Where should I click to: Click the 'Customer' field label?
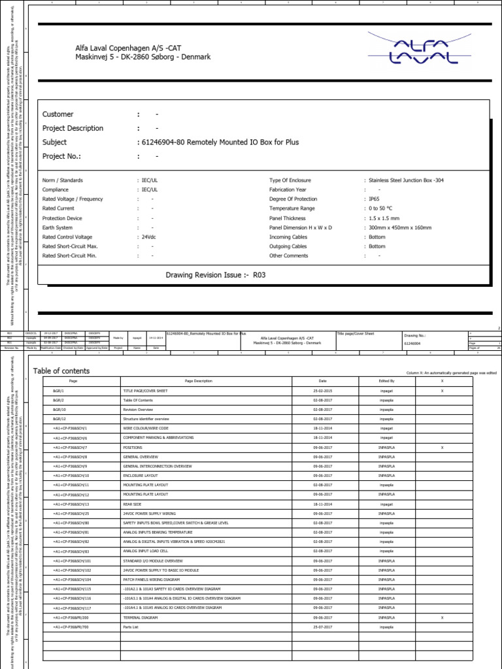[x=58, y=114]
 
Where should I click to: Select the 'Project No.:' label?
[x=61, y=157]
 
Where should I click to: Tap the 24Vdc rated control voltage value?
[x=148, y=237]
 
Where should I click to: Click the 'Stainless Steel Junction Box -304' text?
[x=406, y=180]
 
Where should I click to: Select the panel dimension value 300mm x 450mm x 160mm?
[x=400, y=227]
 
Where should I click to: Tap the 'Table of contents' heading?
[x=61, y=371]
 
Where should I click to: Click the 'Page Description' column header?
[x=198, y=380]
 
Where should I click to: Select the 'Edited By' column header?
[x=386, y=380]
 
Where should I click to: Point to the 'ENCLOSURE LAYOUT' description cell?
[x=141, y=476]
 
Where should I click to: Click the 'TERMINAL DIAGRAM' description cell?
[x=141, y=617]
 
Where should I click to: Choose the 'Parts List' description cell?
[x=132, y=627]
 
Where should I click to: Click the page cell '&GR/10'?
[x=58, y=409]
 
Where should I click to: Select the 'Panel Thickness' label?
[x=290, y=218]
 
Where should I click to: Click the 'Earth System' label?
[x=58, y=227]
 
